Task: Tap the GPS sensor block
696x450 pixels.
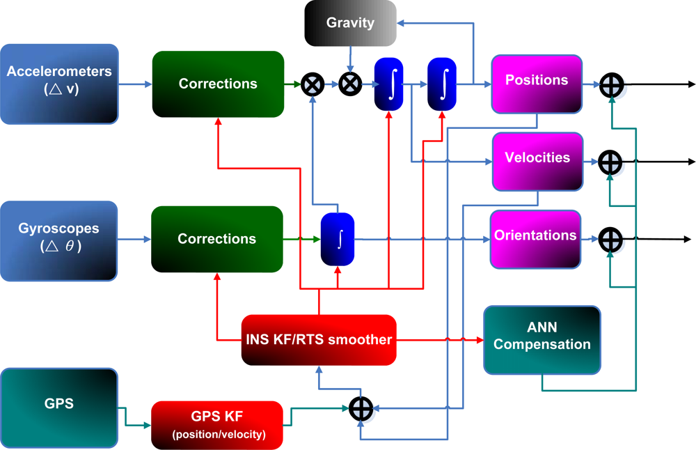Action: pyautogui.click(x=59, y=403)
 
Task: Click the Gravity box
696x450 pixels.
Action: pyautogui.click(x=350, y=23)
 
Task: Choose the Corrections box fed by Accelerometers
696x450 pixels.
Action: pyautogui.click(x=218, y=84)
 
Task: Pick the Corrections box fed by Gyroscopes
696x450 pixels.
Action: pyautogui.click(x=217, y=239)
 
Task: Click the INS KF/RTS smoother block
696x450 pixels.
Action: pyautogui.click(x=319, y=340)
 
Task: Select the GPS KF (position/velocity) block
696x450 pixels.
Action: pyautogui.click(x=217, y=425)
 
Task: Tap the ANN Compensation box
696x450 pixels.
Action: pyautogui.click(x=542, y=339)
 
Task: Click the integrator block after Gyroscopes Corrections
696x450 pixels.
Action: pyautogui.click(x=338, y=239)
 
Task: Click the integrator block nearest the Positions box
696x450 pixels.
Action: pyautogui.click(x=441, y=84)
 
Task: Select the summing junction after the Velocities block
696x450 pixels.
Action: pyautogui.click(x=610, y=162)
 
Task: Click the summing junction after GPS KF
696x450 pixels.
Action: pyautogui.click(x=361, y=408)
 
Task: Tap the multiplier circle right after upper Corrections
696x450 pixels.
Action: pyautogui.click(x=313, y=85)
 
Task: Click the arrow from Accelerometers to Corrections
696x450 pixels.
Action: pyautogui.click(x=135, y=85)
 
